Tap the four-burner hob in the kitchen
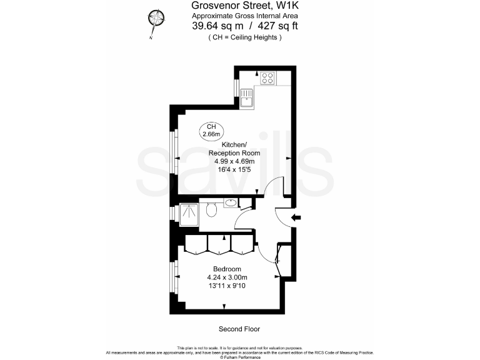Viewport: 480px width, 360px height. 268,78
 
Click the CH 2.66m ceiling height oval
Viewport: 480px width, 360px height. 210,130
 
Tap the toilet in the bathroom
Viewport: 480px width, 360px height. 212,209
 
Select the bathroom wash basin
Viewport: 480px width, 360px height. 231,202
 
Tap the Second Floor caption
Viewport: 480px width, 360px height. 239,329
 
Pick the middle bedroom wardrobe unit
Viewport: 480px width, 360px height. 219,244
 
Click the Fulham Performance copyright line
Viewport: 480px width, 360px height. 240,356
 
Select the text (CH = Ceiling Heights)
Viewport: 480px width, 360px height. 244,37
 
